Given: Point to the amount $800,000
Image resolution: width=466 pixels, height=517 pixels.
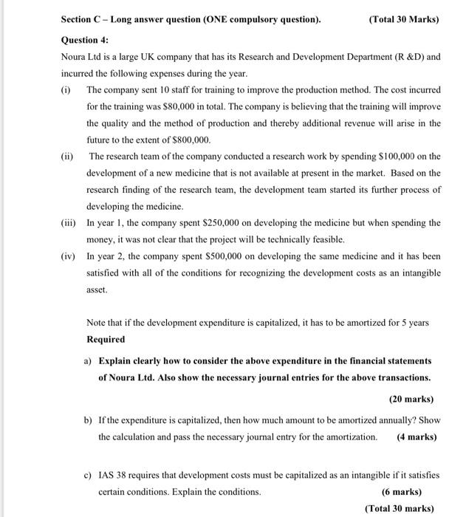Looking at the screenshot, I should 191,140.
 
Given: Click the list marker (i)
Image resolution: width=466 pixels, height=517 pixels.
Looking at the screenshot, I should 66,89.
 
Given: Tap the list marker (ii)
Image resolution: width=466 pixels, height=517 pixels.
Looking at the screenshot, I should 68,156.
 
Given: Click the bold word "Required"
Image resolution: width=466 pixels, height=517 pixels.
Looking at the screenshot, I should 106,339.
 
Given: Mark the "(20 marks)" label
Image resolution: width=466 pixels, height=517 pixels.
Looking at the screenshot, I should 411,399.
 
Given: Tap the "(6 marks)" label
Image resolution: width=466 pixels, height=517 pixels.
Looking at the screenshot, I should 402,491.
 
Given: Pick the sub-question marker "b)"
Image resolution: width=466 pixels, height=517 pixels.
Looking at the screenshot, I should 88,420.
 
